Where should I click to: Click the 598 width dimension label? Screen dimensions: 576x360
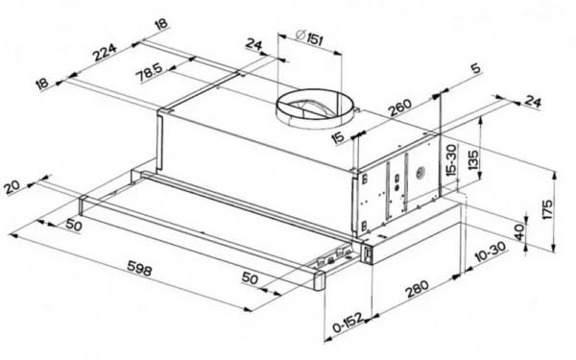(139, 268)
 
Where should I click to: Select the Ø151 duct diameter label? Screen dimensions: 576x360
(310, 37)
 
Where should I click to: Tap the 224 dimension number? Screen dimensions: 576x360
(105, 53)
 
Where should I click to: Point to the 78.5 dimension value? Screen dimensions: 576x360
(149, 72)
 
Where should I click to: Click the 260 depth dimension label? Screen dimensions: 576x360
(400, 108)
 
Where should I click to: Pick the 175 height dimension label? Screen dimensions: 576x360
(548, 209)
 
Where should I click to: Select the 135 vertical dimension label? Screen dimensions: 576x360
(474, 159)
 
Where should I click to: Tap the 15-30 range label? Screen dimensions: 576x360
(451, 159)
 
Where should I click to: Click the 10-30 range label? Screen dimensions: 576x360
(491, 252)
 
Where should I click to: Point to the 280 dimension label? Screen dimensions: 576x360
(417, 289)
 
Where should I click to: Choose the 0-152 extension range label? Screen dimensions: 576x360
(348, 323)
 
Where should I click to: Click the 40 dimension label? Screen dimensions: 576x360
(519, 232)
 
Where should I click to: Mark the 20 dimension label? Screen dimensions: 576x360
(12, 186)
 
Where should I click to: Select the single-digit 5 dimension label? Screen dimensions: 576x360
(475, 68)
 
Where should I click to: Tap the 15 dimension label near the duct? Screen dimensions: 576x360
(338, 137)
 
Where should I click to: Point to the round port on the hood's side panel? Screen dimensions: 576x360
(420, 172)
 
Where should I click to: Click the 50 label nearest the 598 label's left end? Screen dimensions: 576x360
(74, 225)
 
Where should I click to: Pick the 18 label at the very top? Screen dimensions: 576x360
(161, 25)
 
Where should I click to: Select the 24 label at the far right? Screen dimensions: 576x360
(533, 102)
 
